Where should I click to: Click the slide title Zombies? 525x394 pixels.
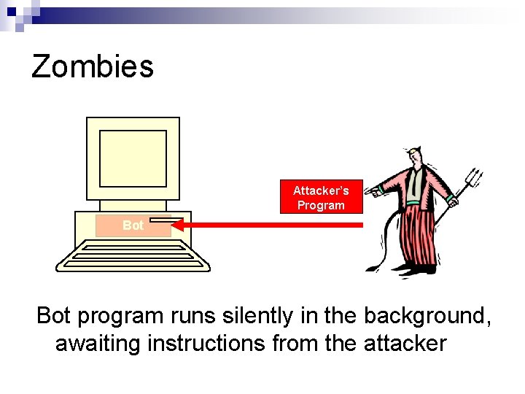93,66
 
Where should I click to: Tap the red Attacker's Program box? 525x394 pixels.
321,198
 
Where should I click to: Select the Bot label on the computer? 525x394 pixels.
133,225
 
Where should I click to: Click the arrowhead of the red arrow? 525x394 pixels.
182,225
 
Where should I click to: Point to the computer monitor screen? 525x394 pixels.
133,158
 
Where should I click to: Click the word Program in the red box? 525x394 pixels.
321,206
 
